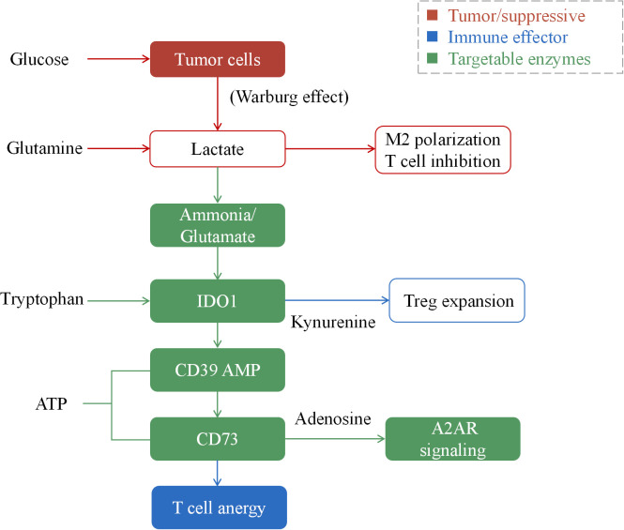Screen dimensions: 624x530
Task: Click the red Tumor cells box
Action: (218, 59)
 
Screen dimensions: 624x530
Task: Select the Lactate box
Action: (218, 149)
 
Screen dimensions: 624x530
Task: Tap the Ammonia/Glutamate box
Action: (218, 225)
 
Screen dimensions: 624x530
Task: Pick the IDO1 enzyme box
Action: (218, 301)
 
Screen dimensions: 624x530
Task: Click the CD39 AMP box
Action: (218, 370)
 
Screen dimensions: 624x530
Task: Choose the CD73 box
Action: (218, 439)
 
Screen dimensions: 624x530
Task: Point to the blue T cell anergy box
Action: (219, 507)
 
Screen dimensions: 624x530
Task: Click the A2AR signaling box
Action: (453, 439)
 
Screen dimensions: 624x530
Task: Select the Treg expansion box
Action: (457, 300)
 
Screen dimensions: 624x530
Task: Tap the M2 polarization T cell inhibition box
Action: (443, 150)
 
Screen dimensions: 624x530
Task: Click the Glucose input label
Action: (39, 59)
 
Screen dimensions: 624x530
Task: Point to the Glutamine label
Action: (45, 148)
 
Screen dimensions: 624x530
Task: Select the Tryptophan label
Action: (42, 299)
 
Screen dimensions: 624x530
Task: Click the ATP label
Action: (52, 404)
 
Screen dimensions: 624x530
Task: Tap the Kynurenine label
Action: (333, 323)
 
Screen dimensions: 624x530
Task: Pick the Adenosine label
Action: (333, 418)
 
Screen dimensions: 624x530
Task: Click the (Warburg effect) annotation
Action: (289, 97)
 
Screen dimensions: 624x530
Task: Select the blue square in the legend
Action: (433, 37)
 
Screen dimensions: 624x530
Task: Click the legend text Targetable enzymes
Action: (519, 59)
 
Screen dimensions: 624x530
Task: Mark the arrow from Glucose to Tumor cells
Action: (118, 59)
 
